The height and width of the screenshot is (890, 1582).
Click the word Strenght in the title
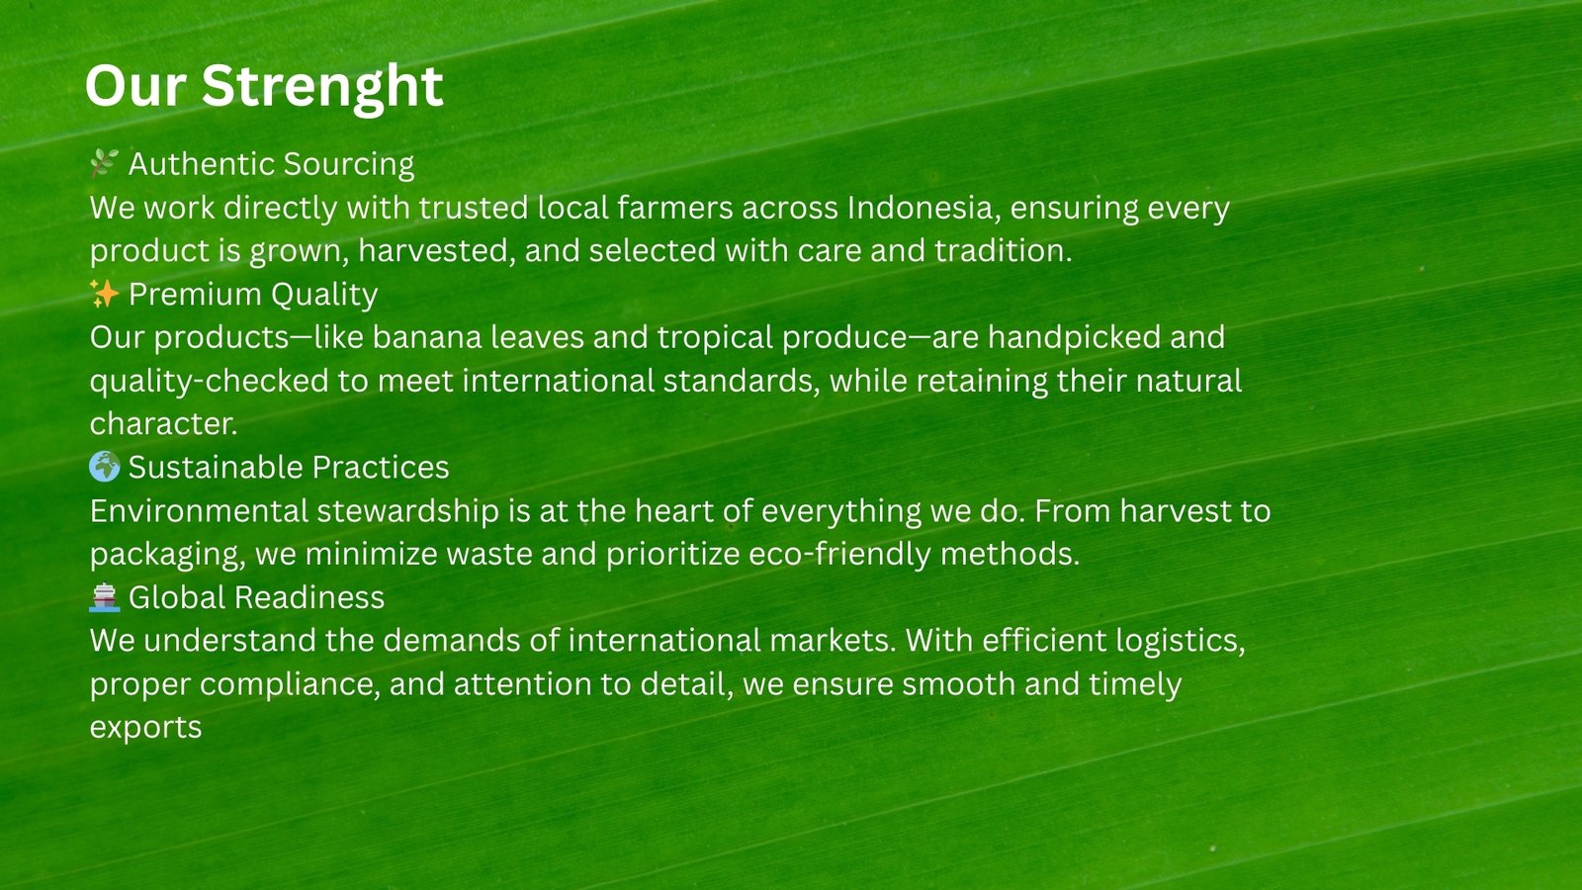coord(322,87)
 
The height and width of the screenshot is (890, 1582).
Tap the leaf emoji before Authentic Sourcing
coord(104,163)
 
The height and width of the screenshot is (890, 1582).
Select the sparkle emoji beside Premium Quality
coord(104,293)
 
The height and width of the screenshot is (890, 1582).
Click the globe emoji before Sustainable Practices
coord(105,466)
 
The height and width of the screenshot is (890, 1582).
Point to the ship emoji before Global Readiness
coord(105,597)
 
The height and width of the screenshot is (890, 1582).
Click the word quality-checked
coord(209,382)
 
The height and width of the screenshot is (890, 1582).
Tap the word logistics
coord(1181,642)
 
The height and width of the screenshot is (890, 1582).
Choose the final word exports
coord(145,729)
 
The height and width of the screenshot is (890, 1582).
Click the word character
coord(163,424)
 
